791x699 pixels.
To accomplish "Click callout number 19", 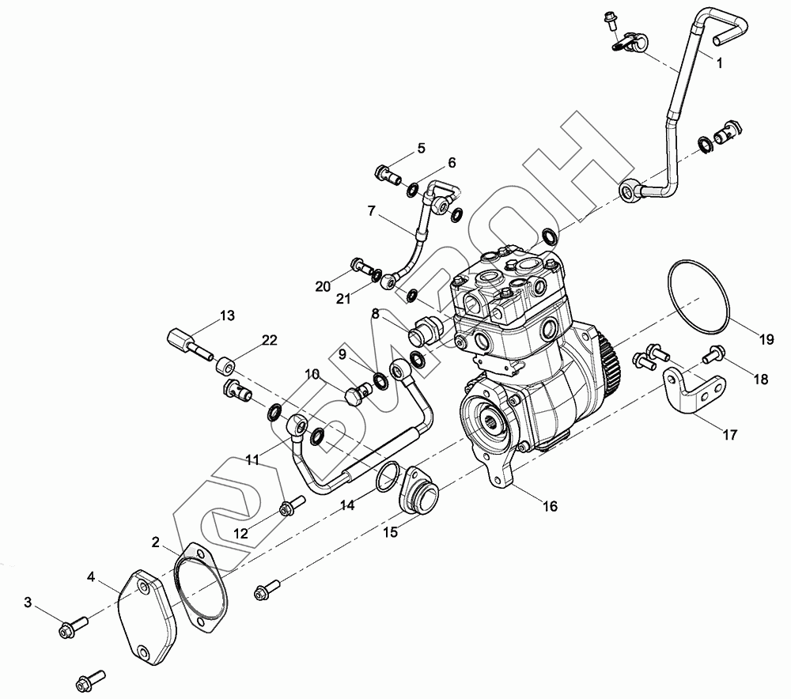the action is (x=766, y=339).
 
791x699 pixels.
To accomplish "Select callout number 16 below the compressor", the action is (x=550, y=506).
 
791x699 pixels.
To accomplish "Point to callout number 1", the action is (x=720, y=63).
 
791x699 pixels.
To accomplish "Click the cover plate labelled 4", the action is (x=146, y=618).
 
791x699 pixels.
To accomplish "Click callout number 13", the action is (x=228, y=315).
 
